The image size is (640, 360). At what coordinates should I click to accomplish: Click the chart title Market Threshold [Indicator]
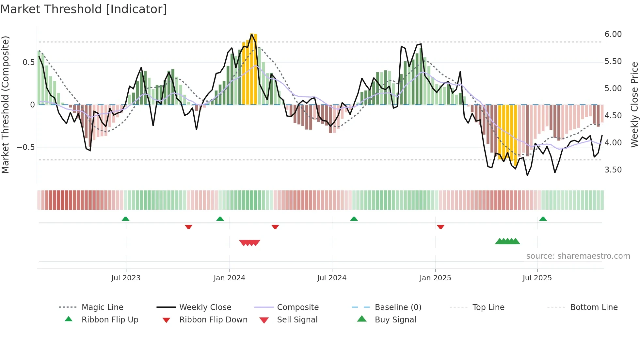(84, 9)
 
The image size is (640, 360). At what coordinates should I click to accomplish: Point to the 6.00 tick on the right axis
(613, 34)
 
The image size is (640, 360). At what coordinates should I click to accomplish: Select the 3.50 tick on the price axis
(613, 170)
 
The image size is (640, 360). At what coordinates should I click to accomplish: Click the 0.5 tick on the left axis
(28, 62)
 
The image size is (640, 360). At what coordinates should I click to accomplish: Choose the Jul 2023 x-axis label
(126, 278)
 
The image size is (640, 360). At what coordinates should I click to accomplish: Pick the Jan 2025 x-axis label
(435, 278)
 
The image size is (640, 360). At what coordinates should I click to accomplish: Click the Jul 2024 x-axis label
(331, 278)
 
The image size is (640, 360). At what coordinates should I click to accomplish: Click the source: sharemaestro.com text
(578, 256)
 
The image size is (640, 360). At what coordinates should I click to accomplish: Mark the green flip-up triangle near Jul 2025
(543, 219)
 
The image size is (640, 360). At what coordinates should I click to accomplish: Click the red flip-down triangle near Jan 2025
(440, 227)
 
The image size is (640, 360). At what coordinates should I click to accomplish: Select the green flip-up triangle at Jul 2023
(125, 219)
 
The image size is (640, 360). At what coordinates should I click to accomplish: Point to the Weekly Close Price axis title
(634, 105)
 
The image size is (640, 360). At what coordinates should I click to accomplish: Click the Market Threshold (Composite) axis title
(5, 105)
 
